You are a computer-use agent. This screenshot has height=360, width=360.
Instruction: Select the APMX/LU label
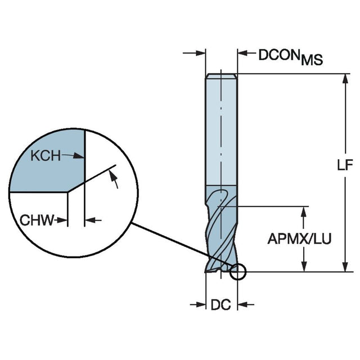(x=299, y=239)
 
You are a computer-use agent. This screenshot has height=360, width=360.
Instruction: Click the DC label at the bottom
(x=221, y=305)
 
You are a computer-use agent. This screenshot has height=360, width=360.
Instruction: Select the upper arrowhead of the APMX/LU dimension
(x=304, y=211)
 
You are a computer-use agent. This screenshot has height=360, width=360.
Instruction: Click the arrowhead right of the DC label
(x=244, y=305)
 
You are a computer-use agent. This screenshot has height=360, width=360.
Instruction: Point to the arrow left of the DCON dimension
(x=198, y=54)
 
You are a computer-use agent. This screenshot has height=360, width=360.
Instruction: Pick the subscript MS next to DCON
(x=312, y=60)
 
